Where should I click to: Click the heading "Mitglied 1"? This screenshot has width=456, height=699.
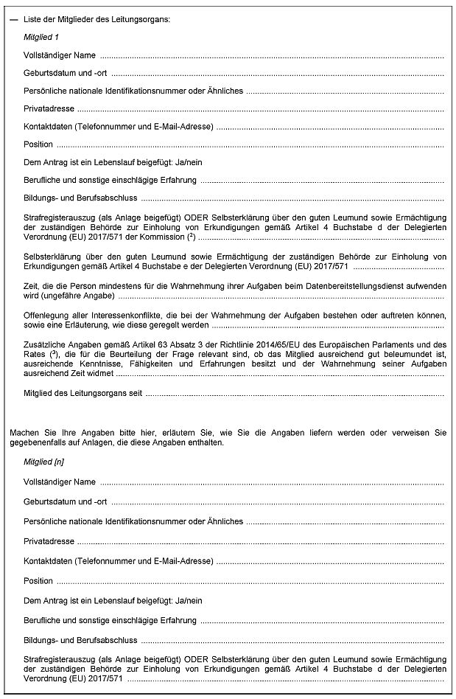coord(41,36)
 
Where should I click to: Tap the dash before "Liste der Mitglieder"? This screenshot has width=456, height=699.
coord(14,18)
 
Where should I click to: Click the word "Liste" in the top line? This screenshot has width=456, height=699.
coord(32,18)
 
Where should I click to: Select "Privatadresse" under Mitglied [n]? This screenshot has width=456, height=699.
coord(48,541)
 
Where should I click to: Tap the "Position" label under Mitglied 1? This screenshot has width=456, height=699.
coord(38,145)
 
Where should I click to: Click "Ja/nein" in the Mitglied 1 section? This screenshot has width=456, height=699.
coord(187,162)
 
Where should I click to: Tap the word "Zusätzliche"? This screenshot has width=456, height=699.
coord(45,344)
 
